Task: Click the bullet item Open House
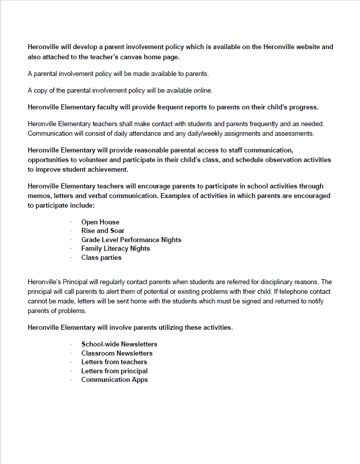(100, 222)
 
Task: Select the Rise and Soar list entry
(102, 230)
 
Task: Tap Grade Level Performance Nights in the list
(131, 240)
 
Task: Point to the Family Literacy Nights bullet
(116, 248)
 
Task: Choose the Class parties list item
(101, 257)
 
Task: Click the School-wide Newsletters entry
(119, 344)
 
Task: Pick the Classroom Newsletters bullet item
(117, 353)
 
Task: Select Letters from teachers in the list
(114, 362)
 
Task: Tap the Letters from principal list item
(115, 371)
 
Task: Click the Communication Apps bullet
(115, 379)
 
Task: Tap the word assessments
(296, 134)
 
